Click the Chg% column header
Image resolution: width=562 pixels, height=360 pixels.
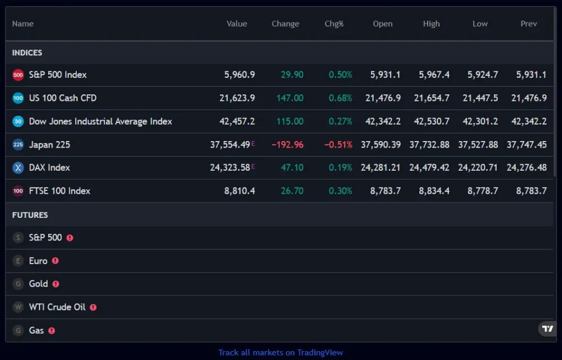(334, 24)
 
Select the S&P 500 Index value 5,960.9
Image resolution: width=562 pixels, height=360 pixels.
(239, 75)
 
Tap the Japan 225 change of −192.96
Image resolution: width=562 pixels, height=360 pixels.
(287, 144)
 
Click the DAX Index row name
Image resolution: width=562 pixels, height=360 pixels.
(49, 167)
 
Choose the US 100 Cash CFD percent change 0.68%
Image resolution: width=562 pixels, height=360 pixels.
(340, 98)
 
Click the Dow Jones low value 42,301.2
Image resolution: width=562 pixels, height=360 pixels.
(480, 121)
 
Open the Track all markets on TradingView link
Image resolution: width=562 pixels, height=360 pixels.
(280, 352)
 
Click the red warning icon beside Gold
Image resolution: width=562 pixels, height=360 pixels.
(56, 284)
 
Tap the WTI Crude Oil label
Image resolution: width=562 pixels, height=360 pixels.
(57, 307)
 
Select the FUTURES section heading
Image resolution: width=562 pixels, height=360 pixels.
(30, 215)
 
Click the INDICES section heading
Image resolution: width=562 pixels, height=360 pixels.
(27, 53)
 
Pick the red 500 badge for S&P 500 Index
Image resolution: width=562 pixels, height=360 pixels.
(18, 75)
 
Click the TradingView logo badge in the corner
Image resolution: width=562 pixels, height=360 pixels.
(548, 329)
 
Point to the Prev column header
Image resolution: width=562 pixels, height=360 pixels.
(529, 24)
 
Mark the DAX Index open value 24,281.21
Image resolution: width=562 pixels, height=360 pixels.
(380, 167)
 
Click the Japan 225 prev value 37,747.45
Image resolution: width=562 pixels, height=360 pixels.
(526, 144)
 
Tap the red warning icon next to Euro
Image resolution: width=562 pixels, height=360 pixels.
(55, 261)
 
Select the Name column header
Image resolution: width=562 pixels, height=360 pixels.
(23, 24)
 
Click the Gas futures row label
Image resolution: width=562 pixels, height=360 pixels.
(36, 330)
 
